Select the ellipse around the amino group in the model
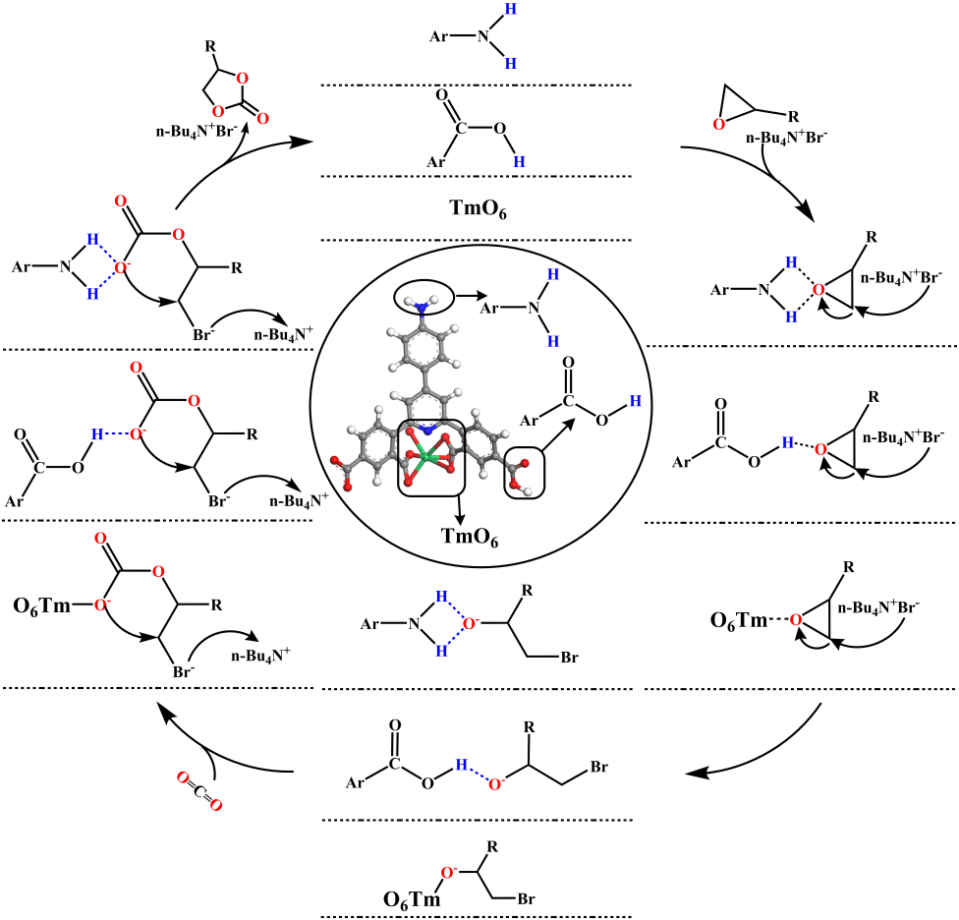point(423,299)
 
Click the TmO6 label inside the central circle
point(470,537)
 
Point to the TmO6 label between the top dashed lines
point(478,208)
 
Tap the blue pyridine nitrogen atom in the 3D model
point(427,431)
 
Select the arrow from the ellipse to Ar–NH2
point(468,296)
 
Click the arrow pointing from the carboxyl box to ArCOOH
point(556,434)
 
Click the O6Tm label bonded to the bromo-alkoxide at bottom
point(412,899)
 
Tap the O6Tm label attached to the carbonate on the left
point(41,606)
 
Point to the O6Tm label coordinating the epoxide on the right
point(738,621)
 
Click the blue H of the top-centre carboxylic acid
point(519,161)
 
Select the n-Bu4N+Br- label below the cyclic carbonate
point(197,132)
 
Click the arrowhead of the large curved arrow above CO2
point(164,709)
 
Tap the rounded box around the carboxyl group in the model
point(524,473)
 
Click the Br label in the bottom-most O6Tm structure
point(526,898)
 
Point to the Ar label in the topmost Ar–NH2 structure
point(438,36)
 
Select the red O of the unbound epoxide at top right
point(719,124)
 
